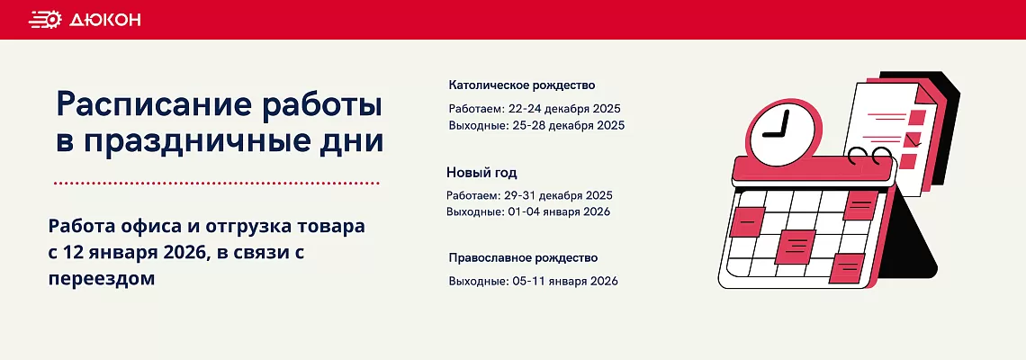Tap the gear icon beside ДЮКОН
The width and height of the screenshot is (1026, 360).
pyautogui.click(x=45, y=20)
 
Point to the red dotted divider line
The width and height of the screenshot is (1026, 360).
pyautogui.click(x=216, y=183)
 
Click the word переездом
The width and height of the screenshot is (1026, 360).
pyautogui.click(x=102, y=279)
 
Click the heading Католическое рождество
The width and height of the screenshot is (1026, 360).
pyautogui.click(x=522, y=85)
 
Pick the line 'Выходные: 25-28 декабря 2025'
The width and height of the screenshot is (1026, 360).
pyautogui.click(x=536, y=125)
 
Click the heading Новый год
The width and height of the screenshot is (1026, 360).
pyautogui.click(x=481, y=172)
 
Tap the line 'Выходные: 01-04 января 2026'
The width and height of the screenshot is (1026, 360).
pyautogui.click(x=528, y=211)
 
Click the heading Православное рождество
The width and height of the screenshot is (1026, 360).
pyautogui.click(x=523, y=257)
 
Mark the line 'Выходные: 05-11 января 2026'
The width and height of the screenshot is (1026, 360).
pyautogui.click(x=533, y=281)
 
